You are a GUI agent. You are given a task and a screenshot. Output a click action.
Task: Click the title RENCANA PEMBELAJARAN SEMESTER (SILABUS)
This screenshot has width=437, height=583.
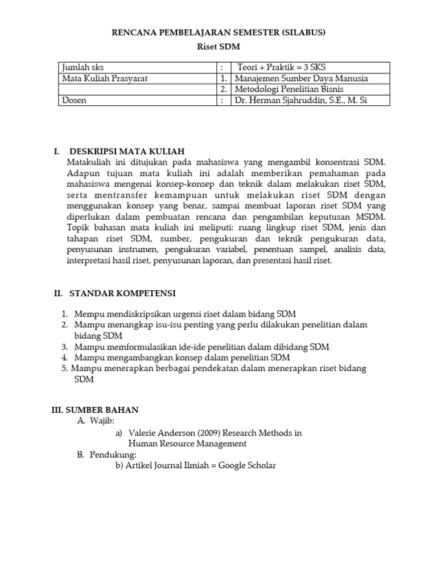click(218, 33)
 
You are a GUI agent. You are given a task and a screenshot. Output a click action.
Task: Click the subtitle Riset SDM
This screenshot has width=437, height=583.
click(218, 48)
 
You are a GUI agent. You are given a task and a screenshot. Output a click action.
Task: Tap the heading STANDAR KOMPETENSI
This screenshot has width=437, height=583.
click(122, 294)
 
